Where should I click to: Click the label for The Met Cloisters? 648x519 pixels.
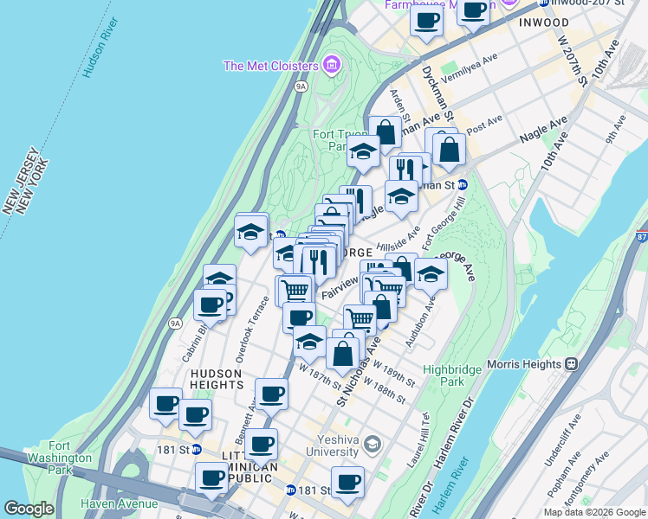269,66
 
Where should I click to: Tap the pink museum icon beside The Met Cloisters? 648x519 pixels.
329,64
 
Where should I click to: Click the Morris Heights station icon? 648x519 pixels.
571,364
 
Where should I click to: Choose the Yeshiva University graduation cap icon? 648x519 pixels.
373,445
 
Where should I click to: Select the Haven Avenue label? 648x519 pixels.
120,503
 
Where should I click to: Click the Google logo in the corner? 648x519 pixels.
29,509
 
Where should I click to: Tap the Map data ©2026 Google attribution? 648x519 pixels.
594,512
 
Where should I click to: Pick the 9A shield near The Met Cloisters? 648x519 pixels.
301,86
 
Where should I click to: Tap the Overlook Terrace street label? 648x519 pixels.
251,329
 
